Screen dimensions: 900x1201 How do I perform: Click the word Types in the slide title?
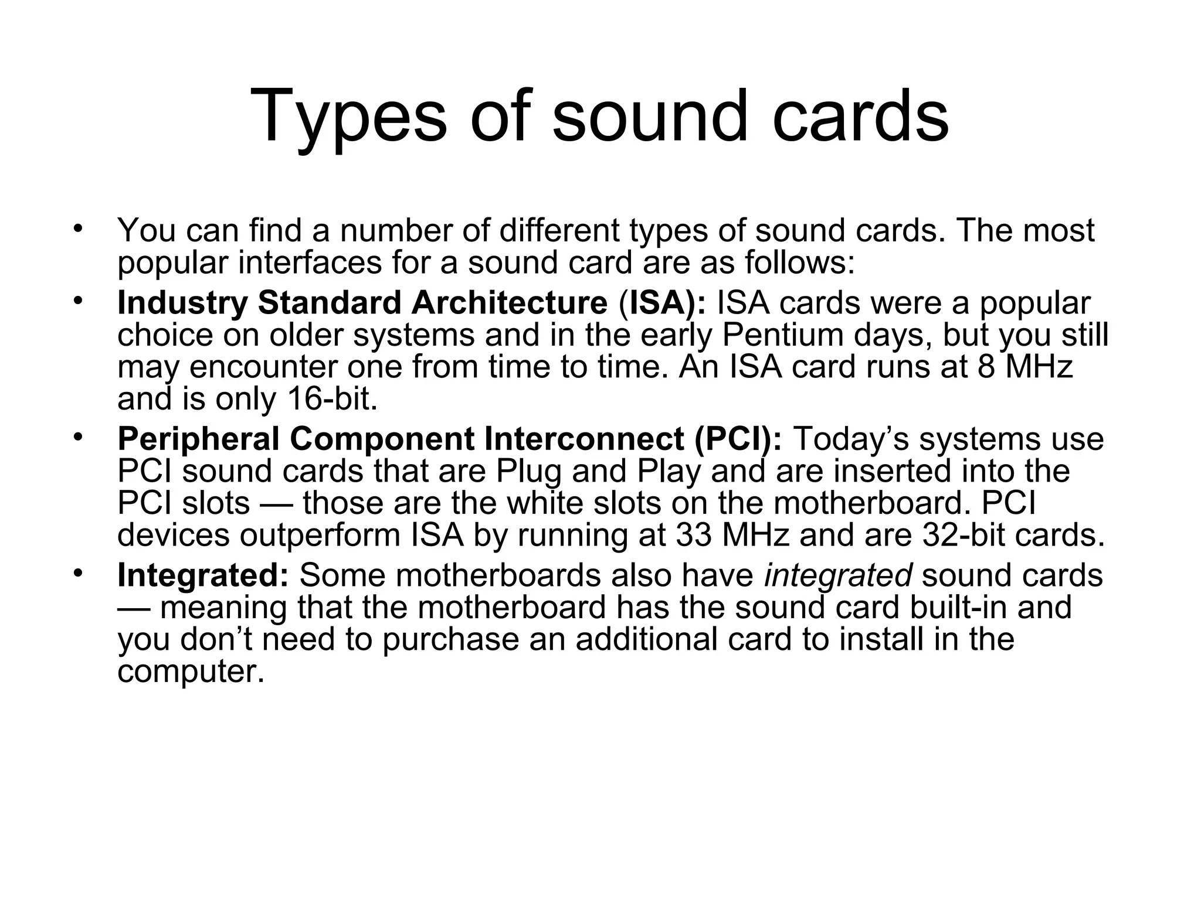click(x=348, y=117)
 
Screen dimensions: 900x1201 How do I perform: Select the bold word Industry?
click(x=182, y=304)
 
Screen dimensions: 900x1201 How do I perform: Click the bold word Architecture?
click(x=509, y=304)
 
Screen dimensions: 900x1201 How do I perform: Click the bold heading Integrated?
click(x=203, y=576)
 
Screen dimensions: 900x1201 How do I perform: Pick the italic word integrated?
click(x=838, y=576)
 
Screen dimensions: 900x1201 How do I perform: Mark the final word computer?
click(x=191, y=671)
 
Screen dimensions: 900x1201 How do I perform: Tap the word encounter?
click(x=263, y=368)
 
